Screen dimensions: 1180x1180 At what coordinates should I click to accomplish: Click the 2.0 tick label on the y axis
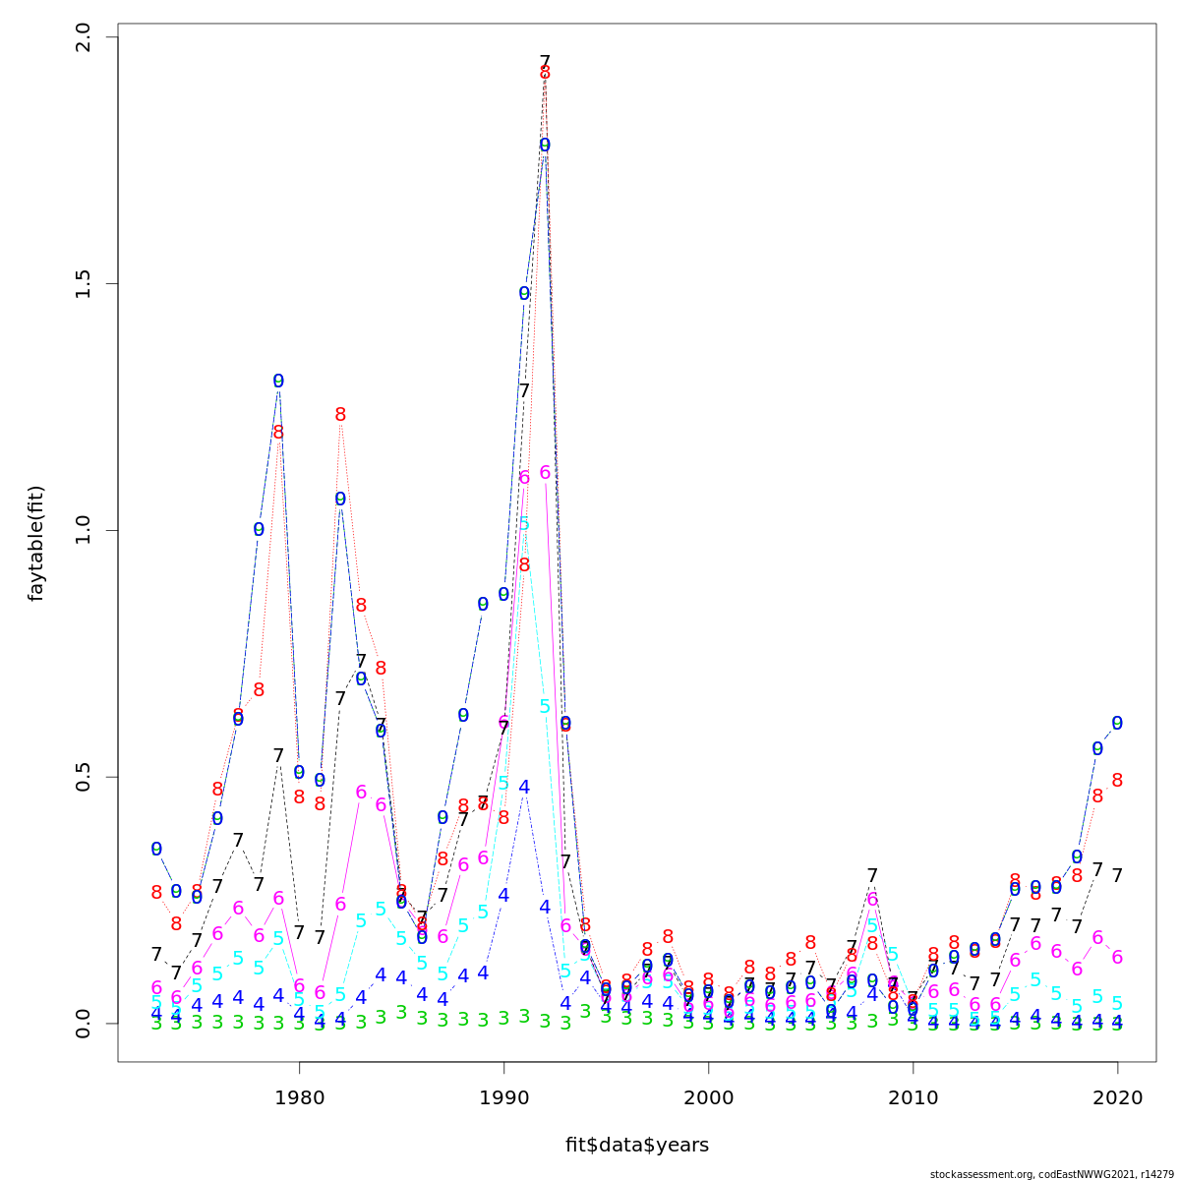click(x=84, y=37)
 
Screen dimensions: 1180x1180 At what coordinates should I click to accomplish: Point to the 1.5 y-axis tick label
click(x=84, y=284)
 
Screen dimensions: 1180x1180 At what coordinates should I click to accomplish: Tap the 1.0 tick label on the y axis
click(x=84, y=530)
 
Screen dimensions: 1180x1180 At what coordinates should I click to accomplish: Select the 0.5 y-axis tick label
click(x=84, y=777)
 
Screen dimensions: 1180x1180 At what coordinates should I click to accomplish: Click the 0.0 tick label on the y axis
click(x=84, y=1023)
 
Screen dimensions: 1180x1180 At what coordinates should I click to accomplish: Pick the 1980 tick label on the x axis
click(x=299, y=1097)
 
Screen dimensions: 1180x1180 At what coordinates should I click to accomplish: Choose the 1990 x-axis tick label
click(x=503, y=1097)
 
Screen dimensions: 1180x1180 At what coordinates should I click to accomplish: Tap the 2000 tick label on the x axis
click(x=708, y=1097)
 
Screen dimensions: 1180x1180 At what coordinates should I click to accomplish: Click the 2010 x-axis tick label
click(x=913, y=1097)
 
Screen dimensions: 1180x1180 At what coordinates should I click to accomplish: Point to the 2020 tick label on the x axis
click(x=1117, y=1097)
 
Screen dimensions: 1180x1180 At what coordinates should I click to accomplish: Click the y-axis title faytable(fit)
click(x=36, y=543)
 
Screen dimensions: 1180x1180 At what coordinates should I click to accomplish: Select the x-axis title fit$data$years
click(x=636, y=1145)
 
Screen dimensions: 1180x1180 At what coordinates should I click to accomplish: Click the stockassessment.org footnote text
click(x=1051, y=1173)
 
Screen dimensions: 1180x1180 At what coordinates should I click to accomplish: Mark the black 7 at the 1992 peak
click(x=545, y=62)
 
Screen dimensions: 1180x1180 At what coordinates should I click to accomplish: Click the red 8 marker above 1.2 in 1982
click(x=340, y=415)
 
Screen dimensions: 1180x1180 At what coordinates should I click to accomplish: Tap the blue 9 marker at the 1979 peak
click(x=278, y=381)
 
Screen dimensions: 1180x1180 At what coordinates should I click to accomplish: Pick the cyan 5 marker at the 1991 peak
click(x=524, y=524)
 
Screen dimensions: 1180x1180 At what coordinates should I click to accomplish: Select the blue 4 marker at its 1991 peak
click(x=524, y=787)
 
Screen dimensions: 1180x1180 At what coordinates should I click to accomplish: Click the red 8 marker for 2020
click(x=1117, y=780)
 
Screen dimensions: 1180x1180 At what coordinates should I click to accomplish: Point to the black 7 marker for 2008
click(x=872, y=875)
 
